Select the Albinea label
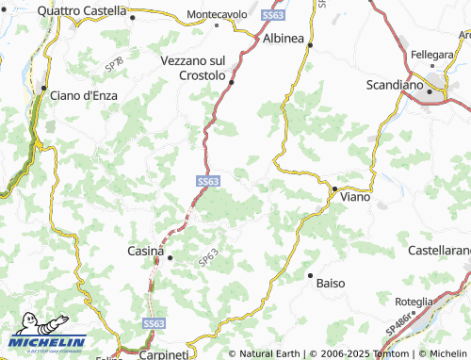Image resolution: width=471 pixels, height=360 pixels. coord(283,37)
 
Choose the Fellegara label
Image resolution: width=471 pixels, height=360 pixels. coord(431,56)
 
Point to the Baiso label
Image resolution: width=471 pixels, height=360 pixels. coord(331,283)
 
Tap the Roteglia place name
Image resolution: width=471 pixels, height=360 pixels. coord(414,302)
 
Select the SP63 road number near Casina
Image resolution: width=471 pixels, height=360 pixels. coord(208,256)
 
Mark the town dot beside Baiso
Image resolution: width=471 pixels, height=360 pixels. coord(310,275)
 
